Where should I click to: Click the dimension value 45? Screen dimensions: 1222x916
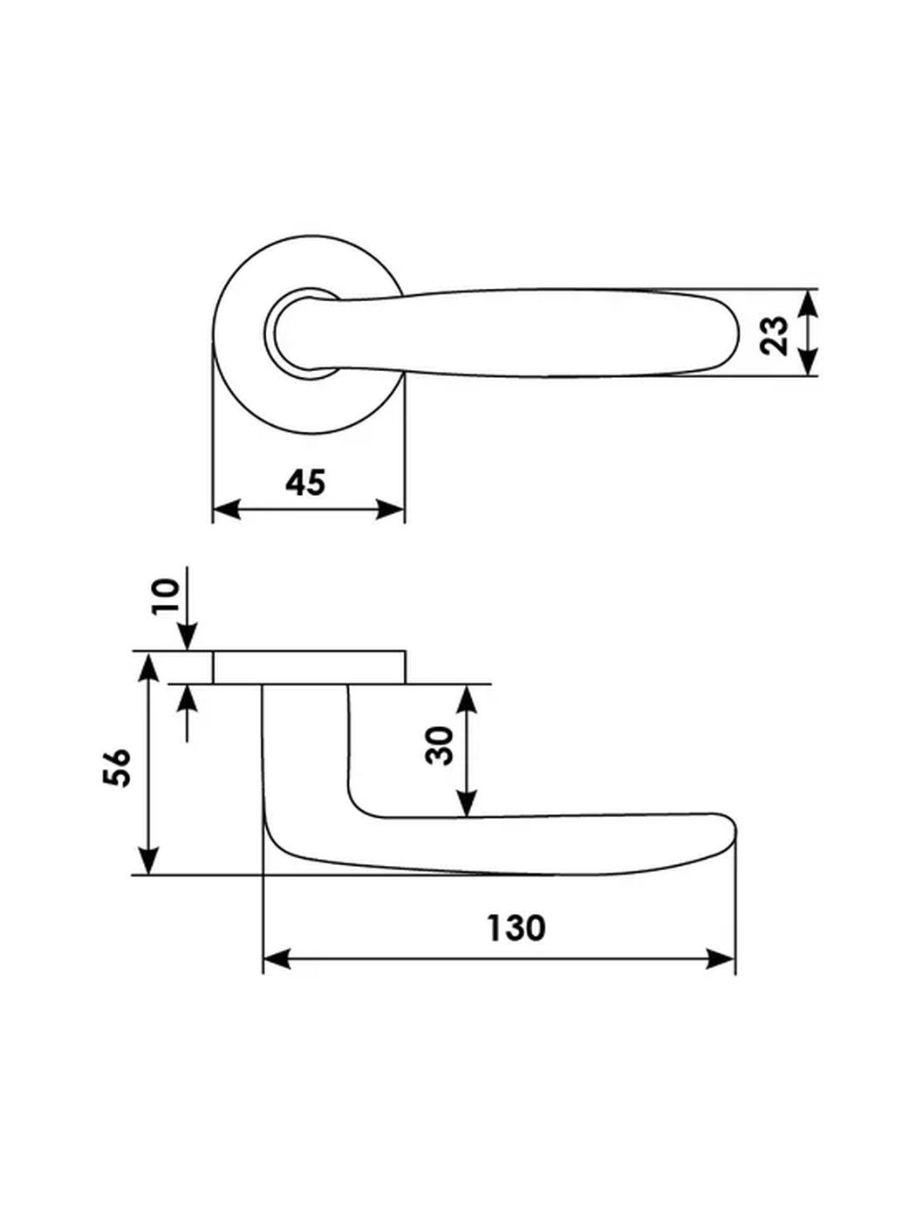(x=305, y=482)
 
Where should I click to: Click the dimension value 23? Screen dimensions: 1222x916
(x=774, y=334)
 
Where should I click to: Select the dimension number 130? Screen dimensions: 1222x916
(x=516, y=927)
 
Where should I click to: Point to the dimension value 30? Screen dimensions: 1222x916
(x=442, y=745)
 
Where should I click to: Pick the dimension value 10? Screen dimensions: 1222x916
(x=166, y=596)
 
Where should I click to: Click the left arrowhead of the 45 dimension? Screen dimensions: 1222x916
(x=225, y=510)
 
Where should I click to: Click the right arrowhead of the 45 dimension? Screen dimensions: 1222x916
(x=393, y=510)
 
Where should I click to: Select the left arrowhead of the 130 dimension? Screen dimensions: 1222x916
(x=275, y=960)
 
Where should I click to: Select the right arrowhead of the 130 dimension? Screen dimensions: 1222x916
(x=722, y=960)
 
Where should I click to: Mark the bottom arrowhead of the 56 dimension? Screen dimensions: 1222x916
(x=150, y=862)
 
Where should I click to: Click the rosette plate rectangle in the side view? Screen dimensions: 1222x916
(x=309, y=667)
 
